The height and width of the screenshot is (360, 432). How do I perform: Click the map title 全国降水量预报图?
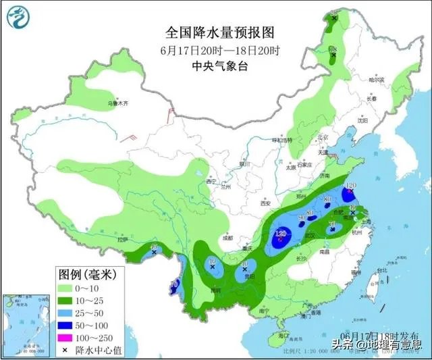tap(216, 32)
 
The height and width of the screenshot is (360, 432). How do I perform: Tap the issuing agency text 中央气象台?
tap(216, 66)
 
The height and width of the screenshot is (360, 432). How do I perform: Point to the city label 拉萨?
tap(122, 240)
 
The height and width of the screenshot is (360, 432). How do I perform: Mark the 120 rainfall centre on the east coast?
tap(350, 190)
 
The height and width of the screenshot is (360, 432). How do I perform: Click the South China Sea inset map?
tap(26, 322)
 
